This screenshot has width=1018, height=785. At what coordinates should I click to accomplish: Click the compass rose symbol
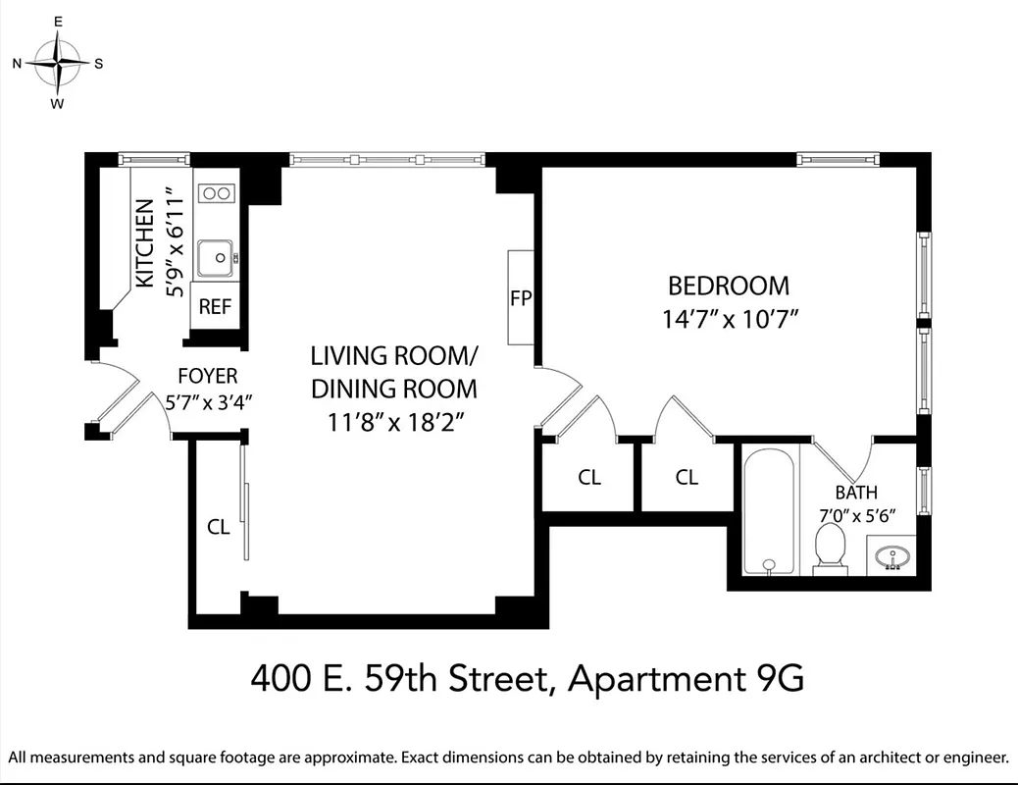(58, 63)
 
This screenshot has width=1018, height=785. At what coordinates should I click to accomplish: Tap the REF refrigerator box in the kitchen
(215, 306)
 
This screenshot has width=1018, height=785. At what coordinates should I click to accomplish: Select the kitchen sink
(215, 259)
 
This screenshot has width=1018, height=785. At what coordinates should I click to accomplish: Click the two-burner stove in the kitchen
(216, 193)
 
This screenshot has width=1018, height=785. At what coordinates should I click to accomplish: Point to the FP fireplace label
(520, 297)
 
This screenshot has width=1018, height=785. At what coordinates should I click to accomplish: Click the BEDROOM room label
(728, 286)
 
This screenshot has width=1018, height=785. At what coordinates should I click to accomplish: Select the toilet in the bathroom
(830, 549)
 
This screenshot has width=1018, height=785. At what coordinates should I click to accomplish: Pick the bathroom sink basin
(892, 557)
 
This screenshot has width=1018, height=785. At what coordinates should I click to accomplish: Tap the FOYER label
(207, 376)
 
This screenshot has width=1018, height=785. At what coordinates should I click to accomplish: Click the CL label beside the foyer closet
(218, 527)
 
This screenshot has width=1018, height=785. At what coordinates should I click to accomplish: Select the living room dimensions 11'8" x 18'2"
(393, 423)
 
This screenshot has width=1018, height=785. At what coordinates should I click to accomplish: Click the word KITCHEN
(144, 243)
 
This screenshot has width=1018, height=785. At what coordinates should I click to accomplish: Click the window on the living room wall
(386, 158)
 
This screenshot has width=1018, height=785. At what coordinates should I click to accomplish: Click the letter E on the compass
(58, 21)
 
